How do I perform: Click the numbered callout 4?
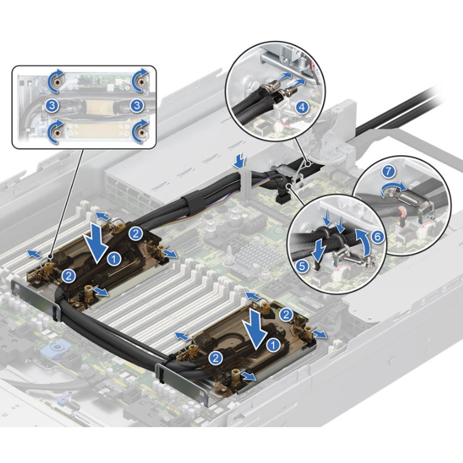(x=301, y=107)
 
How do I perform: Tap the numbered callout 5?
(x=302, y=266)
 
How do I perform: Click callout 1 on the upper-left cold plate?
(x=114, y=259)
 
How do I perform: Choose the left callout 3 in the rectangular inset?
(x=52, y=106)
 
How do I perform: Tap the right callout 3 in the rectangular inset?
(x=137, y=106)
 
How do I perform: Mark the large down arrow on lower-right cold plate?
(x=256, y=329)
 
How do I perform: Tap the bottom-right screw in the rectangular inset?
(x=141, y=132)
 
